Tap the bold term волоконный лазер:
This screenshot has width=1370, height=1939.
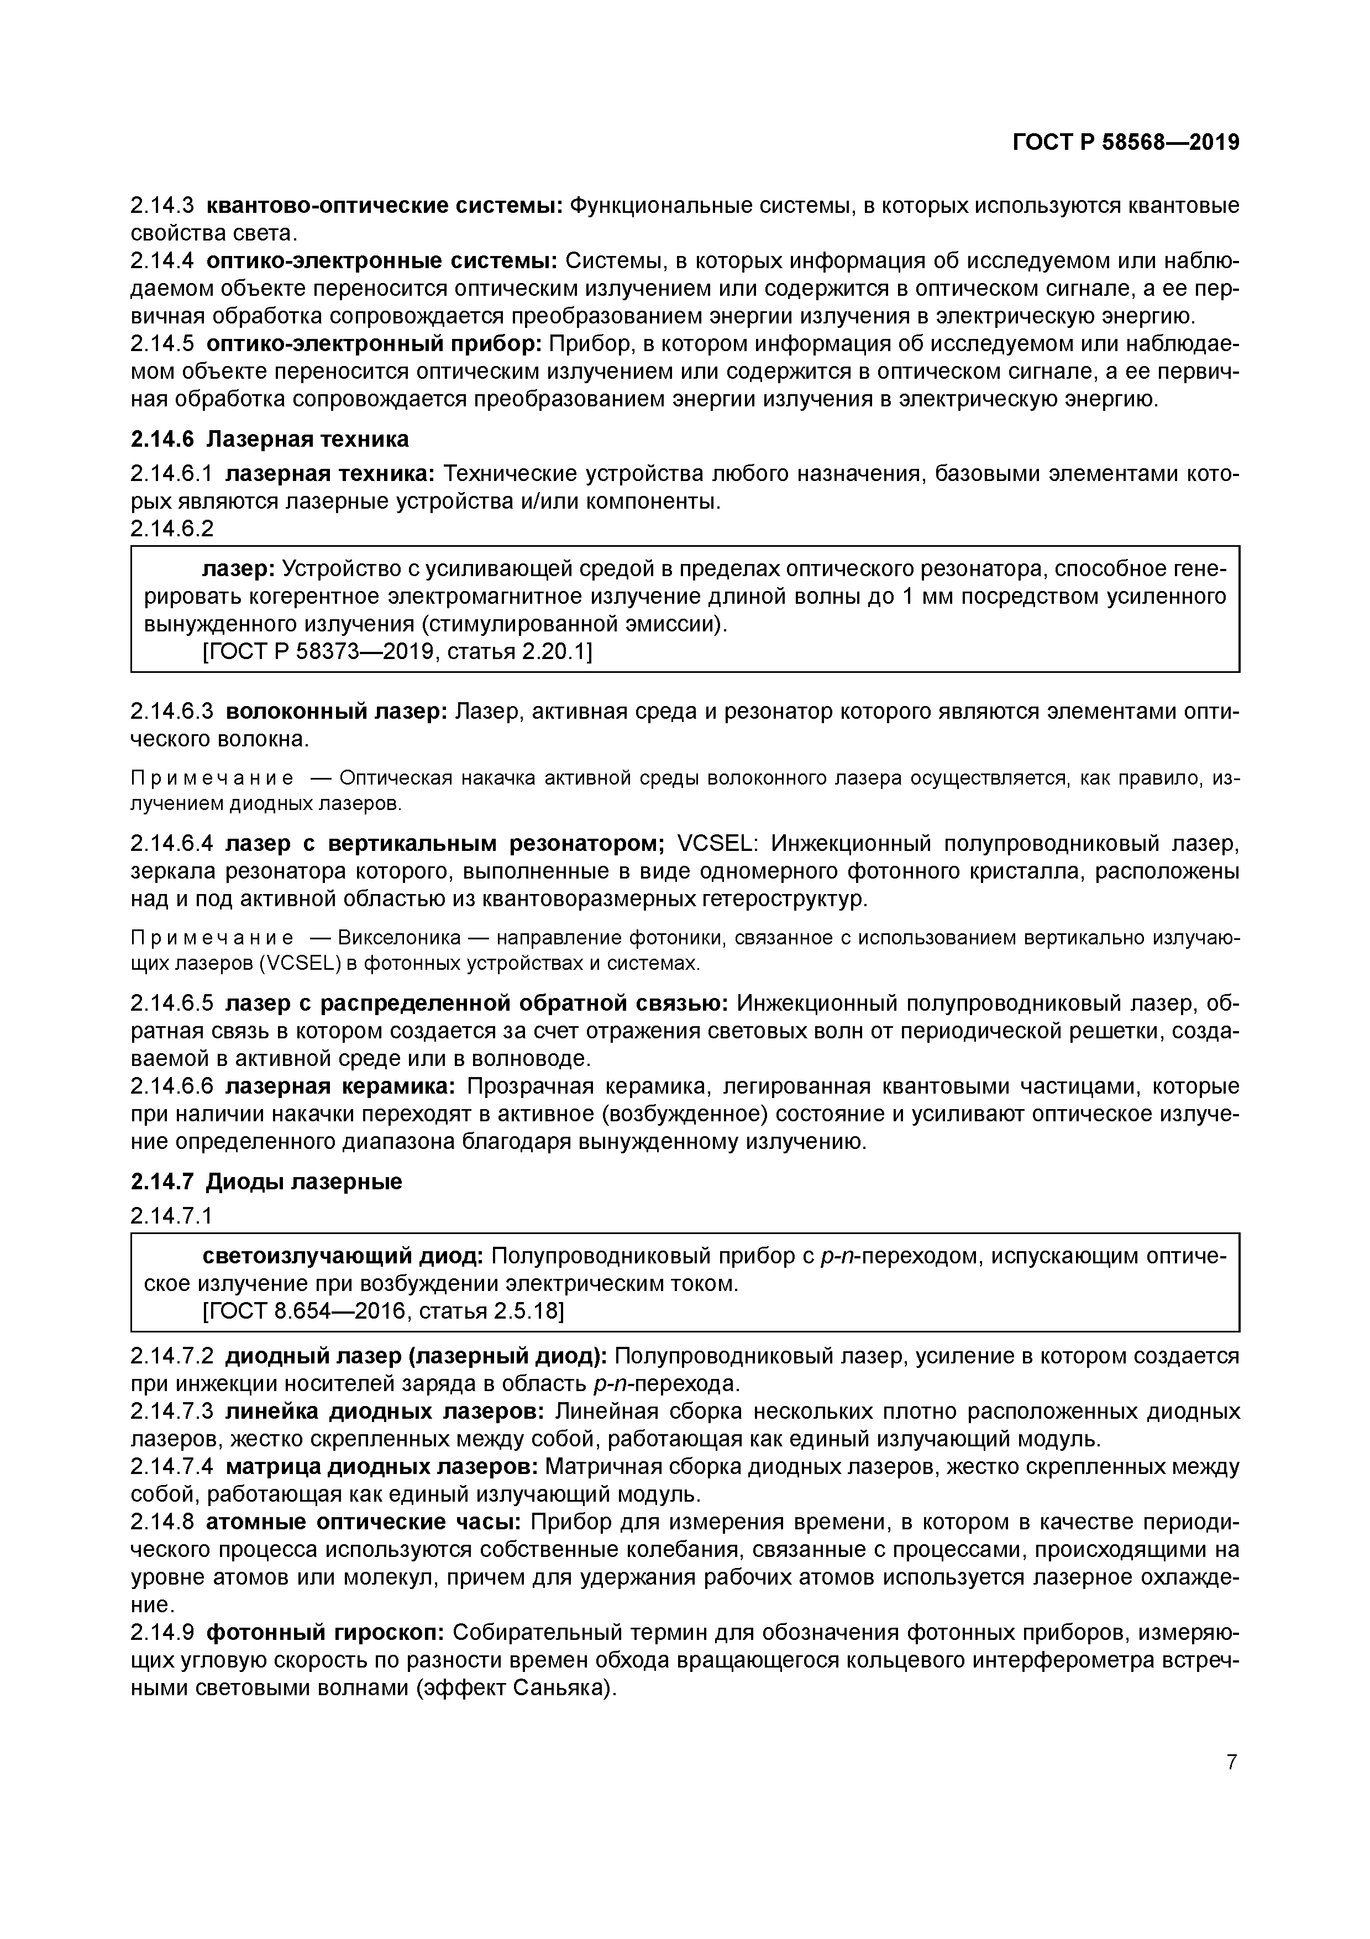pyautogui.click(x=337, y=712)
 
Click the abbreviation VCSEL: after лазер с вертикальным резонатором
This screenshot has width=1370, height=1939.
pyautogui.click(x=720, y=843)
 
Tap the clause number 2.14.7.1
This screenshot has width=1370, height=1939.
pyautogui.click(x=172, y=1215)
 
